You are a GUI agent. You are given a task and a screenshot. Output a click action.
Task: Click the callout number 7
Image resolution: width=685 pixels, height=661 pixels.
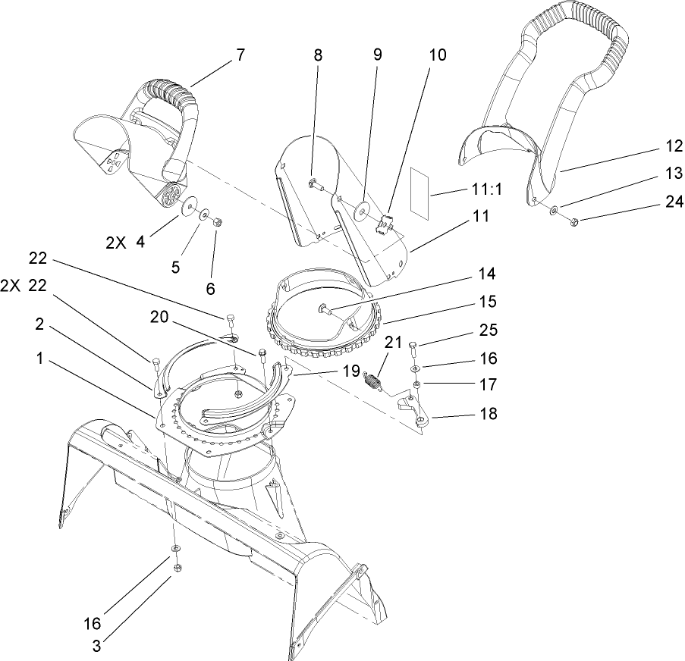point(240,55)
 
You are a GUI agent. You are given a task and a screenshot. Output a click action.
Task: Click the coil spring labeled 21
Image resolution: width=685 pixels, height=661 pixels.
point(373,380)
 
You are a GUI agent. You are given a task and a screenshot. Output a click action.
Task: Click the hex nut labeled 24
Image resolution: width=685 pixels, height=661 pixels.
point(574,221)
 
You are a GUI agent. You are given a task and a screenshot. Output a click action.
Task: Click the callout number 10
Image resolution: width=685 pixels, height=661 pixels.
point(437,56)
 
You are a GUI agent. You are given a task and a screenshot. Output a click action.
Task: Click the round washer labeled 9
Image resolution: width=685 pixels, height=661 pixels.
point(363,207)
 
